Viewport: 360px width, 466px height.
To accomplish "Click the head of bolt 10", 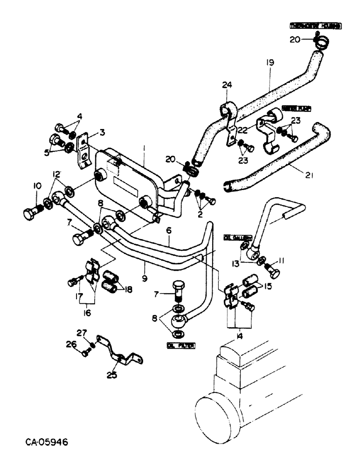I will pyautogui.click(x=29, y=214).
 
